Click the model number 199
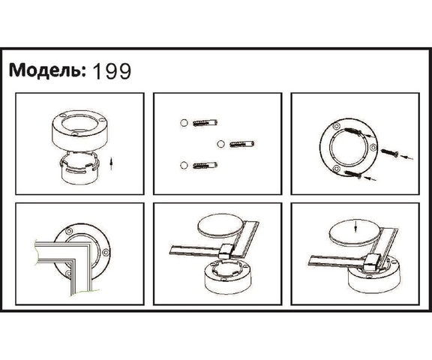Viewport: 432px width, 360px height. coord(112,71)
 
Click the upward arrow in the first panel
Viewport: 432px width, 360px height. coord(111,163)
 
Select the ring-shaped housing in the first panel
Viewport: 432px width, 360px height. coord(79,130)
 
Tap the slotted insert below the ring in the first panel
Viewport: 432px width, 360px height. coord(79,168)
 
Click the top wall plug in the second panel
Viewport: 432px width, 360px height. coord(205,123)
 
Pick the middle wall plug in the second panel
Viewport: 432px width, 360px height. coord(241,144)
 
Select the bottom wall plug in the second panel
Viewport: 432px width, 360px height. coord(205,165)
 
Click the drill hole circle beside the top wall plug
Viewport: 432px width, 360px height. coord(184,123)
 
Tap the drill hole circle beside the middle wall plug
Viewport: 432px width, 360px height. coord(220,144)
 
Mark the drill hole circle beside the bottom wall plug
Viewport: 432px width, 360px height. coord(184,165)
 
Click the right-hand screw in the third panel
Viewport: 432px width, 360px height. coord(390,153)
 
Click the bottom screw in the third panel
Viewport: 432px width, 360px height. coord(352,174)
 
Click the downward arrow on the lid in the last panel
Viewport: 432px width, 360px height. coord(356,226)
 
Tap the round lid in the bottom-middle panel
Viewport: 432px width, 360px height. coord(221,225)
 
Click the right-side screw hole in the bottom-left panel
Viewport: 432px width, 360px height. coord(106,252)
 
